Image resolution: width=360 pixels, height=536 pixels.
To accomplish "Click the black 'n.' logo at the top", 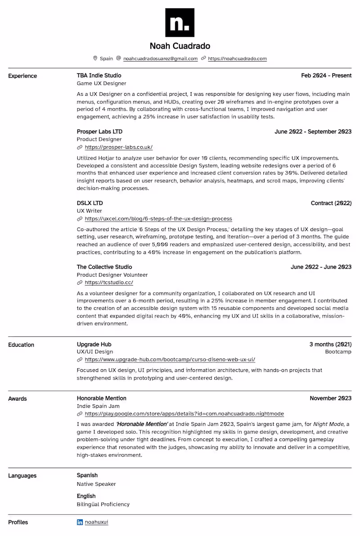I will [x=180, y=22].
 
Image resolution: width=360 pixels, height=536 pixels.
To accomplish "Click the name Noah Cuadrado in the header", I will [x=180, y=46].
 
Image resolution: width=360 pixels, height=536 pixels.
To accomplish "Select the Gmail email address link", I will [x=160, y=58].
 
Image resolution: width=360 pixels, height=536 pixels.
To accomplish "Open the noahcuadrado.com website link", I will [x=237, y=58].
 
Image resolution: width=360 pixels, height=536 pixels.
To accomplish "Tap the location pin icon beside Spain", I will [x=95, y=58].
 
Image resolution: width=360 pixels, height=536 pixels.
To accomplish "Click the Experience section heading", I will [x=22, y=76].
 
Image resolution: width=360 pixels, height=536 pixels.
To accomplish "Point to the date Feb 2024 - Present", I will [x=326, y=76].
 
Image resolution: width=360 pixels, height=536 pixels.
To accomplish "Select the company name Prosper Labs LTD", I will [x=99, y=132].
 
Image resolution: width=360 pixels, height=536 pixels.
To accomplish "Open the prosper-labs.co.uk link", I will [x=118, y=147].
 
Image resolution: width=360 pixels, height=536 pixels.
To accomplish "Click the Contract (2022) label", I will [x=331, y=203].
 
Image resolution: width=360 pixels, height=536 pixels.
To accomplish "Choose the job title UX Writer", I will [x=90, y=211].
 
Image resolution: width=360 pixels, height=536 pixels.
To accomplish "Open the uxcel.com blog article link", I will [x=158, y=219].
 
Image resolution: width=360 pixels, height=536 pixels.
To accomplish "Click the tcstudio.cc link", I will [x=108, y=282].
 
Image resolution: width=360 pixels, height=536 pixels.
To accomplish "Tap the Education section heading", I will [x=21, y=345].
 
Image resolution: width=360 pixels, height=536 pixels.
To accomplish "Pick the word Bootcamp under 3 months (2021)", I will [x=338, y=352].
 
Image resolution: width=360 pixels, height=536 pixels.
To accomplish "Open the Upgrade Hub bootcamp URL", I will [x=170, y=359].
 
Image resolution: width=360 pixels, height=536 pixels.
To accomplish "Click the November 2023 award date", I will [x=330, y=398].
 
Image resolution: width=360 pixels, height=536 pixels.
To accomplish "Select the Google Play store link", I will [x=184, y=414].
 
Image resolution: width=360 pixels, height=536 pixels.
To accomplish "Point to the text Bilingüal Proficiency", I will [x=103, y=504].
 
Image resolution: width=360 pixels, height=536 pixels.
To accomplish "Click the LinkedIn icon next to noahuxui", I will [x=80, y=522].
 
